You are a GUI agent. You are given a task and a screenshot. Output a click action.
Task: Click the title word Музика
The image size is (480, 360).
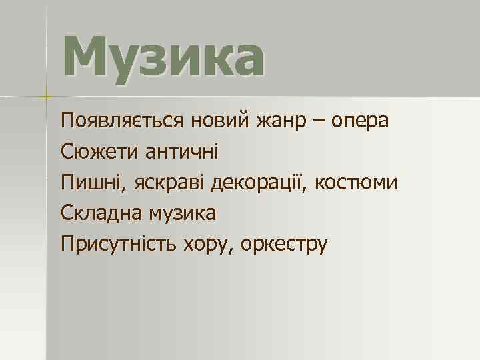coord(163,58)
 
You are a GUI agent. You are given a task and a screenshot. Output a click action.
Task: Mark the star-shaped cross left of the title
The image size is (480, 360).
coord(46,96)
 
